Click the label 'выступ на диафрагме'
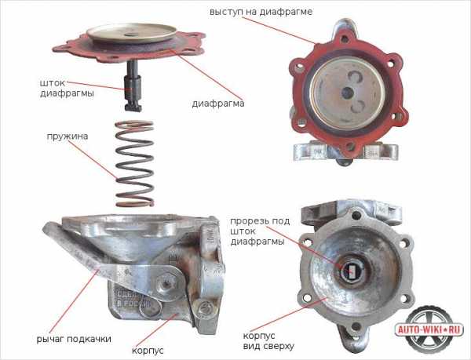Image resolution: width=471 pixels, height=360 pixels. coord(261,12)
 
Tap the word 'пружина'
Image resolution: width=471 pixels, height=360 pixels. coord(68,136)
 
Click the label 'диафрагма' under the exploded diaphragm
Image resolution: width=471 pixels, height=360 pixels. coord(218,104)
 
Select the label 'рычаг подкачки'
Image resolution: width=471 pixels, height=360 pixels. coord(74,339)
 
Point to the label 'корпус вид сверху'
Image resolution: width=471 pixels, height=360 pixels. coord(268,341)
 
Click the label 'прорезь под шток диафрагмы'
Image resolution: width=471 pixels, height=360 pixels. coord(260,231)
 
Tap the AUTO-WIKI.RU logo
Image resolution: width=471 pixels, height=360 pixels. coord(429,329)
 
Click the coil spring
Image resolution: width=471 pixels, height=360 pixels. coord(134,163)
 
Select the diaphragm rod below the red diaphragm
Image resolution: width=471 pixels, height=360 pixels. coord(133,85)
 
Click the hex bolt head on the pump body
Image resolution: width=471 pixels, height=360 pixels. coord(165,283)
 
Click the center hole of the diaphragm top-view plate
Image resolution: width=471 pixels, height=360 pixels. coord(348,92)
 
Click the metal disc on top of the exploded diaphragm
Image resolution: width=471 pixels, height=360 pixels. coord(132,32)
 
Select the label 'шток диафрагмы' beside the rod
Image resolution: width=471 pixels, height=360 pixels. coord(67,88)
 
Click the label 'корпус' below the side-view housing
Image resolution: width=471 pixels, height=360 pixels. coord(148,351)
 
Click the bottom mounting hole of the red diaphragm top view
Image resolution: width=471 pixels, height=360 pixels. coord(349,147)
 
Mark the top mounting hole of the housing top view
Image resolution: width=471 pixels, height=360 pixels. coord(356,214)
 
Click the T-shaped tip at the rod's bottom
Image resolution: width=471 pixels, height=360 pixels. coord(133,107)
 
